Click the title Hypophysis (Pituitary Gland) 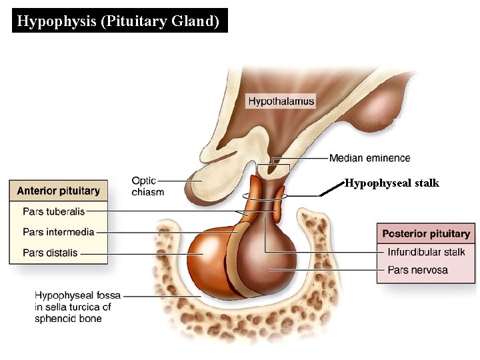point(118,21)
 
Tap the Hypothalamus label point(281,101)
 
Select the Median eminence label point(369,158)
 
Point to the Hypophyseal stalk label point(391,183)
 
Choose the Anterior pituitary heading point(58,191)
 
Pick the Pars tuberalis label point(53,211)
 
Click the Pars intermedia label point(58,232)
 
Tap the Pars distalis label point(50,253)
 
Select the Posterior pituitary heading point(426,234)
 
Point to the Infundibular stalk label point(426,252)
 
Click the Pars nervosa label point(417,270)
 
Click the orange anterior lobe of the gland point(209,257)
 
